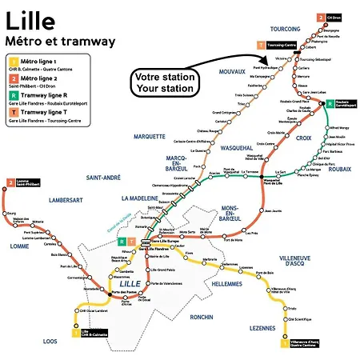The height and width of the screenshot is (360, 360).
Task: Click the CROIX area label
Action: coord(302,138)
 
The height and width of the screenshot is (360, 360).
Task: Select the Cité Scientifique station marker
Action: coord(286,320)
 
